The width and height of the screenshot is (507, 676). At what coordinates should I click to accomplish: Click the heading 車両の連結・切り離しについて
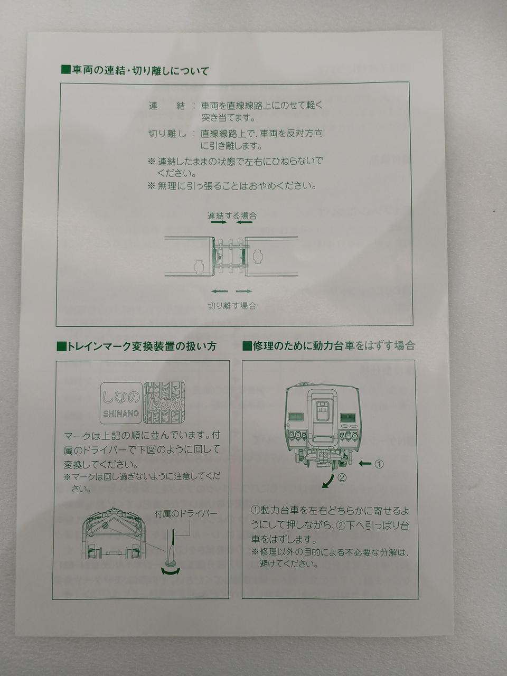click(x=135, y=71)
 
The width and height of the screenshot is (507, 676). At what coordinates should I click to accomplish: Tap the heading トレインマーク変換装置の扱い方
click(x=137, y=346)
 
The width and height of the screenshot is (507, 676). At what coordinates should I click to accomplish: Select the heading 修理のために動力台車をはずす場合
click(x=329, y=345)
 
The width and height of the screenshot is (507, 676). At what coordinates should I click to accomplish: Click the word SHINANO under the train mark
click(x=120, y=414)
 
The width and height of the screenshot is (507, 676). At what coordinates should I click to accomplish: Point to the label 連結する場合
click(x=232, y=215)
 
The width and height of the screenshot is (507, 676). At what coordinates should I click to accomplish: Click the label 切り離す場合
click(x=232, y=305)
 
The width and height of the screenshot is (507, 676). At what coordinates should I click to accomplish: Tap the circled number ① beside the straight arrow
click(x=379, y=464)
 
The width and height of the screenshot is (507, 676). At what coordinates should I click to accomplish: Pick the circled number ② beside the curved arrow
click(x=342, y=477)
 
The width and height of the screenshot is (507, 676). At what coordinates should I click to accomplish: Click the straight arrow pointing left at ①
click(x=365, y=464)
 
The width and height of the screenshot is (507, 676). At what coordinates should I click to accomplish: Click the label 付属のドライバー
click(x=186, y=513)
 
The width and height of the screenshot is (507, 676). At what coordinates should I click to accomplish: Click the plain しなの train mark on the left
click(x=121, y=402)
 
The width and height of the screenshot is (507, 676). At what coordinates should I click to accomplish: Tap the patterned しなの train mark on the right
click(x=164, y=402)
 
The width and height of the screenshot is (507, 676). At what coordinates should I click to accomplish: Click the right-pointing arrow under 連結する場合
click(x=219, y=222)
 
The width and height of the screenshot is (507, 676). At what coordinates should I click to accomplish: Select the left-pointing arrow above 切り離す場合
click(x=220, y=291)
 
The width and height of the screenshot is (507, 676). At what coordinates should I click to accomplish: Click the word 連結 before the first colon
click(x=166, y=106)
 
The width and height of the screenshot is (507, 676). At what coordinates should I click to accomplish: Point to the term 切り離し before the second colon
click(x=167, y=134)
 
